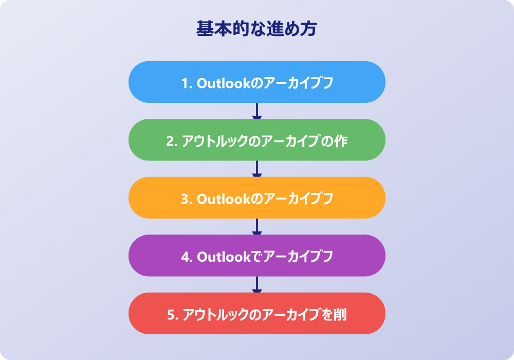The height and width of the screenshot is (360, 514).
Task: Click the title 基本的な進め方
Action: tap(256, 28)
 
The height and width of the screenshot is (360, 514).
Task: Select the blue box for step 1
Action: tap(256, 82)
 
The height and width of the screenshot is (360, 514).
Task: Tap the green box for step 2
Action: tap(256, 140)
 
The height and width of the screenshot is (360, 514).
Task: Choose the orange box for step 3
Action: tap(256, 197)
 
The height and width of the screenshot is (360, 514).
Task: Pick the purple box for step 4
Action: tap(256, 256)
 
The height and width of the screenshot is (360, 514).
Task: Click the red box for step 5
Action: tap(256, 313)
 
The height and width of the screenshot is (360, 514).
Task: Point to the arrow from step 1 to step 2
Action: tap(256, 111)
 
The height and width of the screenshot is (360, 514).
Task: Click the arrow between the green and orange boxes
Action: tap(256, 169)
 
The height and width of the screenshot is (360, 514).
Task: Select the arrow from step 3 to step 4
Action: tap(256, 227)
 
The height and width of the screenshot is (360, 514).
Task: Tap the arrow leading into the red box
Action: tap(256, 284)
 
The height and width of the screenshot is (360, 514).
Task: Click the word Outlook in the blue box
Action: tap(224, 83)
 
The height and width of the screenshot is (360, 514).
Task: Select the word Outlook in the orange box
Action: tap(224, 199)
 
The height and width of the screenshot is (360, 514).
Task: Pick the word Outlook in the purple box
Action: tap(224, 257)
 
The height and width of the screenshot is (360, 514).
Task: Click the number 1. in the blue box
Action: tap(187, 83)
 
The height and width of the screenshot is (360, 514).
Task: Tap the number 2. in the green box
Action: tap(172, 141)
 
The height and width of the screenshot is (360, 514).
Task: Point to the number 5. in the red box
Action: tap(173, 315)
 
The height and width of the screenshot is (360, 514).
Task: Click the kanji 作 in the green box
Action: tap(341, 141)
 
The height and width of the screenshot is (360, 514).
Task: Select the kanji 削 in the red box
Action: tap(340, 315)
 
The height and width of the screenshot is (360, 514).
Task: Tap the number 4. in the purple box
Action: tap(187, 257)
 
